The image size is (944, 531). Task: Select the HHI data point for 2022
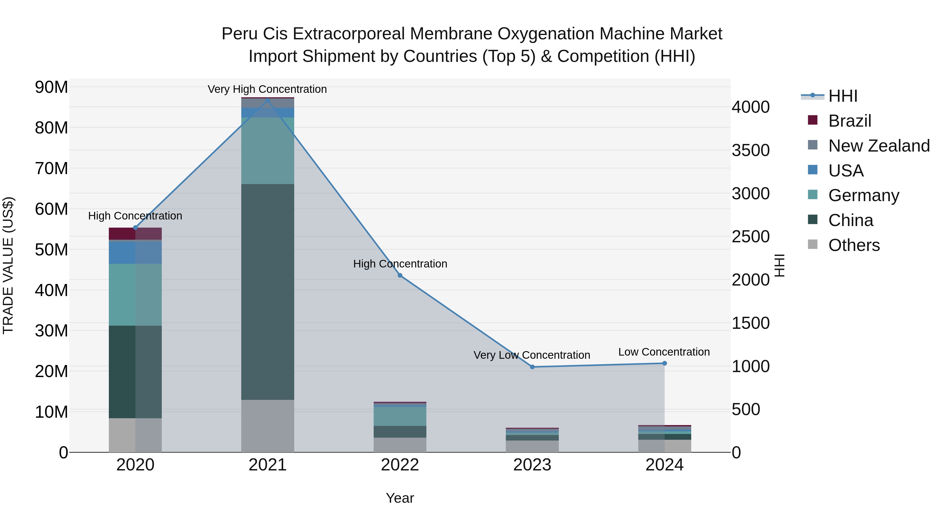400,275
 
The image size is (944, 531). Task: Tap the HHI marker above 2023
532,367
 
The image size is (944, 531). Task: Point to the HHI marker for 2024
664,363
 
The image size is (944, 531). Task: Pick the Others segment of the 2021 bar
267,426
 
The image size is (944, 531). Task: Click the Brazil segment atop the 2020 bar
135,233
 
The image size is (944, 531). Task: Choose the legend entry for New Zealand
879,146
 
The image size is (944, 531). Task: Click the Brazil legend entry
849,121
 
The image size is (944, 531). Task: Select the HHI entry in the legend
843,96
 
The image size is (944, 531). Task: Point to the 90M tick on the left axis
51,87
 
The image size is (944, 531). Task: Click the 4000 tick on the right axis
750,107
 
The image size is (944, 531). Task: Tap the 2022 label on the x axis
400,465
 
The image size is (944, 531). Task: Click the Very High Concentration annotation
267,89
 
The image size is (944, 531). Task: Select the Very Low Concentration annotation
532,355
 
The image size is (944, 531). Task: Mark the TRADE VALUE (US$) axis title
8,265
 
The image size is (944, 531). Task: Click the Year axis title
400,498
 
